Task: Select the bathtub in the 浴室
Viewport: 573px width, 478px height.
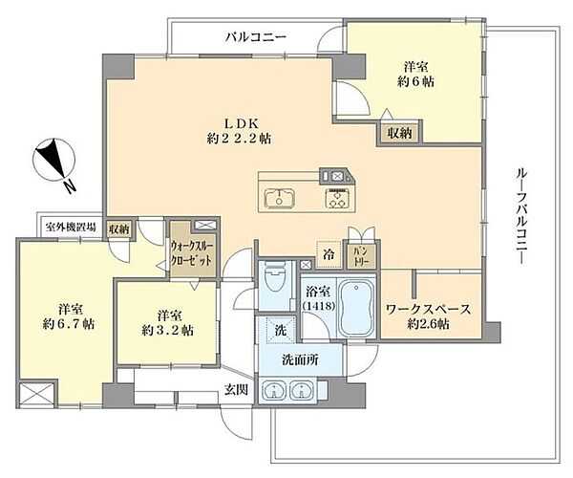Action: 357,308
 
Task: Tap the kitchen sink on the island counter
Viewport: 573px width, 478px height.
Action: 280,199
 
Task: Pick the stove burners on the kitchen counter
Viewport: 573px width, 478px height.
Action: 338,199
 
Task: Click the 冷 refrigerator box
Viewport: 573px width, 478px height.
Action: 328,255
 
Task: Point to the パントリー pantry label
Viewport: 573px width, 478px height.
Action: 360,255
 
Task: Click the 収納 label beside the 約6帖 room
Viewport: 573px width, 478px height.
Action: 400,133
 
